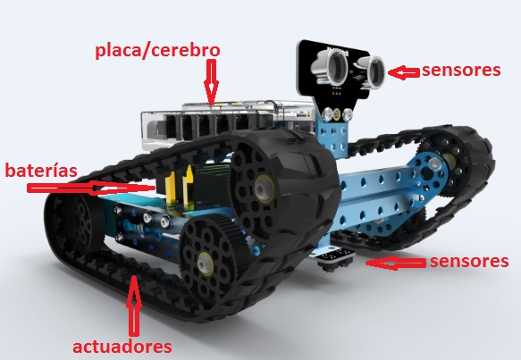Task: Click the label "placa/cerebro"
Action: [x=157, y=51]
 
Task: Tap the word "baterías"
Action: [x=41, y=171]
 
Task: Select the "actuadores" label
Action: [x=122, y=347]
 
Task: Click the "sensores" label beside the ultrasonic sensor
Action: [x=461, y=70]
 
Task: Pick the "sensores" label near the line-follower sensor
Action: [x=469, y=262]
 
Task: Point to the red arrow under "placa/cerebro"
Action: [x=211, y=81]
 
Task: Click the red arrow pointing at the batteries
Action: [x=91, y=188]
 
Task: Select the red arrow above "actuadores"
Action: [x=134, y=306]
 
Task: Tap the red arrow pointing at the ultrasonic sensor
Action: [x=403, y=72]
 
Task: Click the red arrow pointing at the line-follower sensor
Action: [x=395, y=263]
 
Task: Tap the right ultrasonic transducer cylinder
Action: [x=374, y=71]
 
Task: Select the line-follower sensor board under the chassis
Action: [x=336, y=259]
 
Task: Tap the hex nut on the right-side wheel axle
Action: [x=434, y=163]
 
